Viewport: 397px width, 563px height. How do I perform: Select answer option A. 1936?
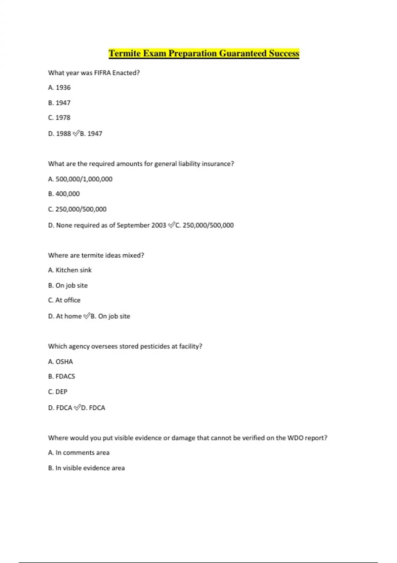pos(59,87)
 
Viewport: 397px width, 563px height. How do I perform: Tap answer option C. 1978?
pos(59,118)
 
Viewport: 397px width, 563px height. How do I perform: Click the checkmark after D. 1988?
pos(76,133)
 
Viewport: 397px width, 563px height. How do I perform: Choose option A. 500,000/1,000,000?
pos(80,179)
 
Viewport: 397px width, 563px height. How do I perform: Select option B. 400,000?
pos(64,194)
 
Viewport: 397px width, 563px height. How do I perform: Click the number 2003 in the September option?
pos(158,225)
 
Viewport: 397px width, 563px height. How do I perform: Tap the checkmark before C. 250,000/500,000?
pos(171,225)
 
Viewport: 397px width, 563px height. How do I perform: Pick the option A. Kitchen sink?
pos(70,270)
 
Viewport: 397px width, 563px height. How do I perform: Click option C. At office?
pos(64,300)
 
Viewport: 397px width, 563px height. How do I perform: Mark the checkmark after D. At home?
pos(86,316)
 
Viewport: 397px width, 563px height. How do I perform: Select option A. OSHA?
pos(61,362)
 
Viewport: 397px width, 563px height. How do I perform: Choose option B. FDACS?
pos(62,376)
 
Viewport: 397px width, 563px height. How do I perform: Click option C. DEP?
pos(58,391)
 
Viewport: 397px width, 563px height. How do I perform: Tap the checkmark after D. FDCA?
pos(77,407)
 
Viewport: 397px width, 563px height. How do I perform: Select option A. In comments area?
pos(79,452)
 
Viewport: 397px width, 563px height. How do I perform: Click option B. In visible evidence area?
pos(86,468)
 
